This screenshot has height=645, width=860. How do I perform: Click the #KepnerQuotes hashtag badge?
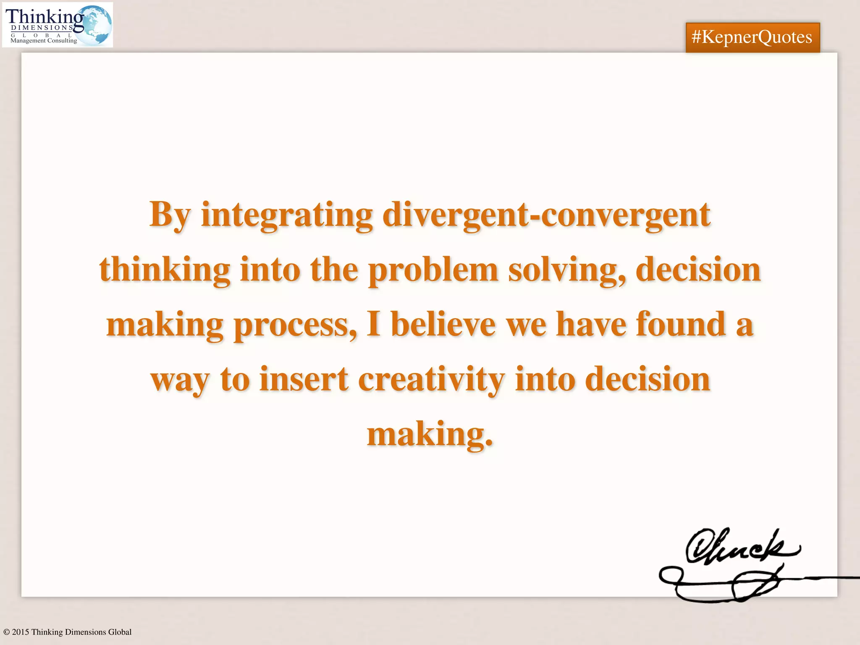(752, 37)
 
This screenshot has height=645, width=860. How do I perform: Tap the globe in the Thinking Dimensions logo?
(96, 24)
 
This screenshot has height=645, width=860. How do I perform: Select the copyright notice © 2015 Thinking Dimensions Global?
(67, 632)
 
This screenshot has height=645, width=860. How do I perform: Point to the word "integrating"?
(287, 215)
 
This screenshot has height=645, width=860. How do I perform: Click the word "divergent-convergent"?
(546, 215)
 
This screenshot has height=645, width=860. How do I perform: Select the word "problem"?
(433, 270)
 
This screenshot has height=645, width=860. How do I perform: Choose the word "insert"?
(304, 379)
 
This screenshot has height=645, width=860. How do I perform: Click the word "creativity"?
(431, 380)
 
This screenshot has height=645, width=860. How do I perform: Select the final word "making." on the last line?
(430, 434)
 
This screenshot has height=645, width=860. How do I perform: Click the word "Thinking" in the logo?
(44, 17)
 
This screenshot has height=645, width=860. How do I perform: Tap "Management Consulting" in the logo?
(44, 41)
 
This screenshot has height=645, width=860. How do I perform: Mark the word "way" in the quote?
(180, 380)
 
